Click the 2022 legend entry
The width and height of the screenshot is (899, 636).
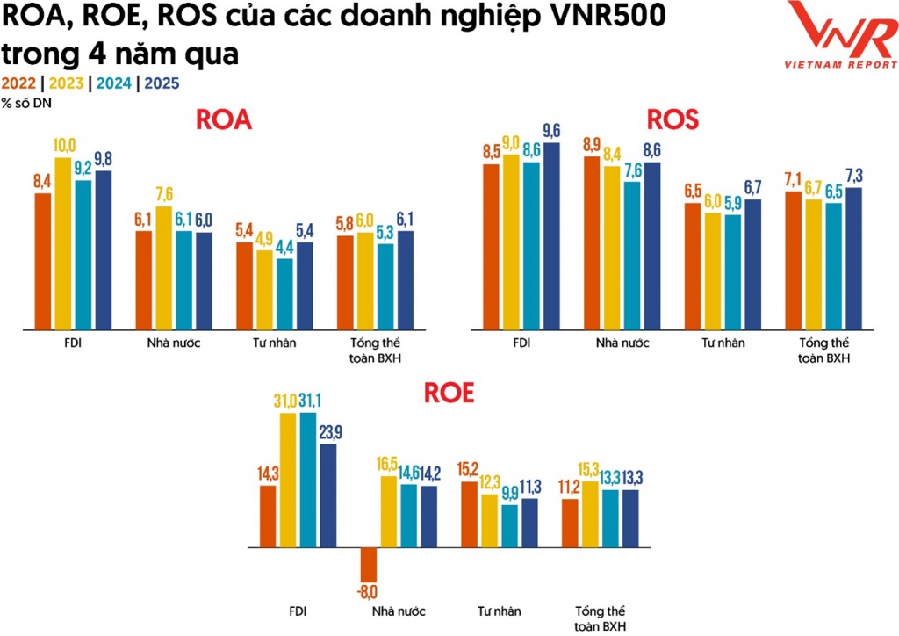click(x=18, y=83)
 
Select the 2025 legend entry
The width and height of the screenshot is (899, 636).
click(x=162, y=83)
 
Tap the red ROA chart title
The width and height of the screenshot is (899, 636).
click(x=223, y=120)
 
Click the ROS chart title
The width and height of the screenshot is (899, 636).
click(x=672, y=119)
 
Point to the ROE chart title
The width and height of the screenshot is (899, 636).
click(x=449, y=393)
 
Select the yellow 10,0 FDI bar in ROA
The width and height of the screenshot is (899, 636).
click(x=64, y=243)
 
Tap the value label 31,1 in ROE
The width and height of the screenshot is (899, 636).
click(x=308, y=401)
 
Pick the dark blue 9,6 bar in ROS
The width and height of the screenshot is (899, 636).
click(x=551, y=236)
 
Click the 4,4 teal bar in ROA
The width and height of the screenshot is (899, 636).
click(x=260, y=294)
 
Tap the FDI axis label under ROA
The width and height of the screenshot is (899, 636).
click(x=64, y=343)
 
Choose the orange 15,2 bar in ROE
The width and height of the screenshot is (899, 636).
click(x=470, y=515)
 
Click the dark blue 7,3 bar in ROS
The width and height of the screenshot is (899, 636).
click(x=854, y=258)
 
